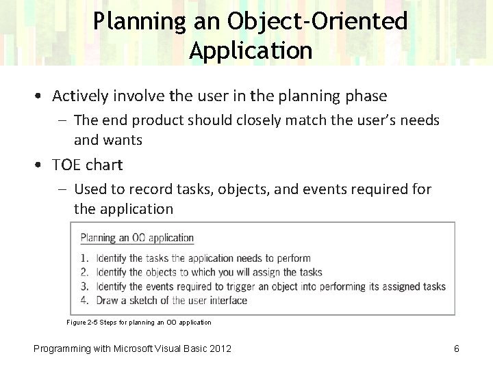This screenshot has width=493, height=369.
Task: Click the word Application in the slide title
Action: (251, 51)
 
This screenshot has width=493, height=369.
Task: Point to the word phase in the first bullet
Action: (368, 96)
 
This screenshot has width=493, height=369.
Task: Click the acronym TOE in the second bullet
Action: (66, 165)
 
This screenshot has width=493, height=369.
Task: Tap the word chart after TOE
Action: (105, 165)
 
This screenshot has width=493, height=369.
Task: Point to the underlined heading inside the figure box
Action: (137, 238)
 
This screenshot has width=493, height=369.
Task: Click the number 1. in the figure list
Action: (84, 258)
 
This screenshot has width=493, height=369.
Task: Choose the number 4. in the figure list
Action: (84, 300)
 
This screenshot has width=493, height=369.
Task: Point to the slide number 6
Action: (456, 349)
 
